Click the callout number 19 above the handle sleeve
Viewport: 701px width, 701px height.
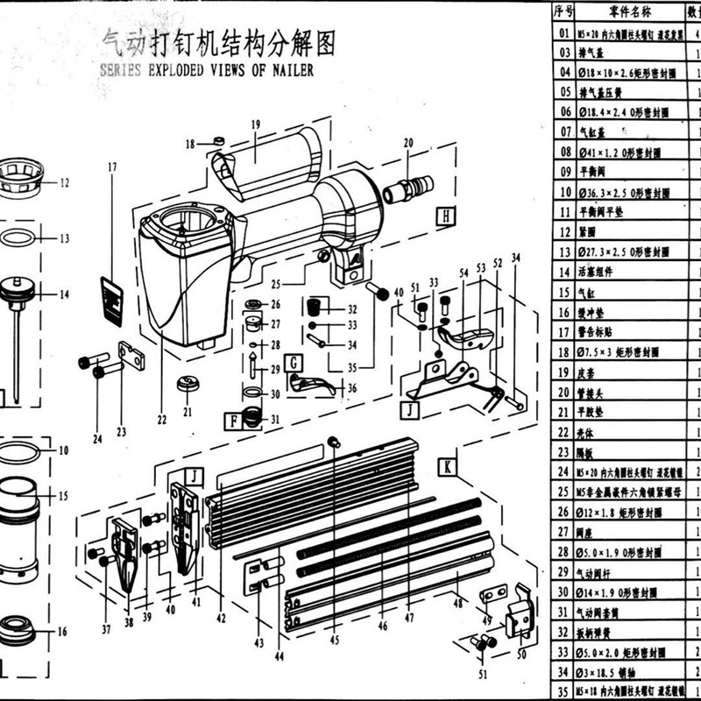255,125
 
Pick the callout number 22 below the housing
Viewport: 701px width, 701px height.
162,420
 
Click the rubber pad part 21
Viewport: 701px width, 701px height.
188,385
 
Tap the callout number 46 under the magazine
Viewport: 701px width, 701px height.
382,627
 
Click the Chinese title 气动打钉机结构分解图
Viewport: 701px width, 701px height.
219,42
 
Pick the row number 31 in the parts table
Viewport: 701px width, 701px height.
564,612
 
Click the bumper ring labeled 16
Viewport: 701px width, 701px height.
18,627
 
